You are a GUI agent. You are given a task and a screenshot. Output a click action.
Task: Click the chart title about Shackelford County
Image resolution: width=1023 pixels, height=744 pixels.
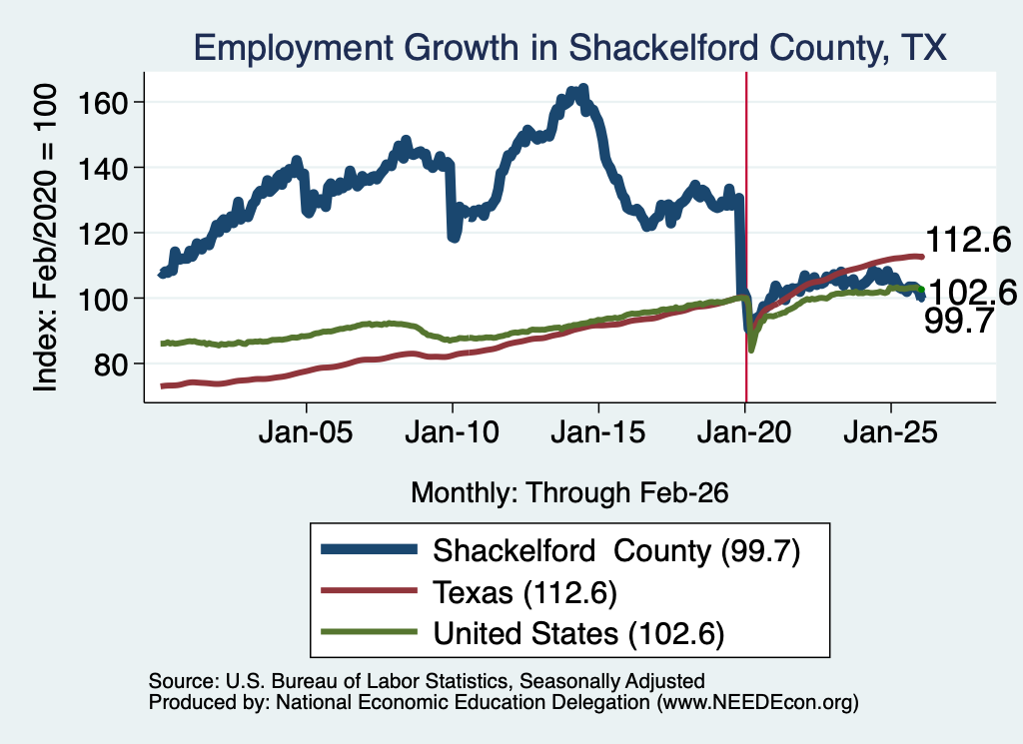[569, 48]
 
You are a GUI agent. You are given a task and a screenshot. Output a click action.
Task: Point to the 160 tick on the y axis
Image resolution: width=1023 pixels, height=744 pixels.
[101, 103]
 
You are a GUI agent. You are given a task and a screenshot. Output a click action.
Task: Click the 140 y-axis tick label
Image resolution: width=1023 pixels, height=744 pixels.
[101, 168]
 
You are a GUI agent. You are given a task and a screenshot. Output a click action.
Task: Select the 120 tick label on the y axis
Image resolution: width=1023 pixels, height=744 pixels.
[101, 234]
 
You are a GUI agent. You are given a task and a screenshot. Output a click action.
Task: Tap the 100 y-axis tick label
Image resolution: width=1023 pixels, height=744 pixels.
[101, 299]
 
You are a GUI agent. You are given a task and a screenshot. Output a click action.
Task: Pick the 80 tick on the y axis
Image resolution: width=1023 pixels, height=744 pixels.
[110, 365]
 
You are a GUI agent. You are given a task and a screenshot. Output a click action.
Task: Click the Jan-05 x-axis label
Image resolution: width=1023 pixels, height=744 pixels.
[306, 432]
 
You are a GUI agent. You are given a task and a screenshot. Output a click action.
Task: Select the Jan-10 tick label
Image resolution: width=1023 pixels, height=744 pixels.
[453, 432]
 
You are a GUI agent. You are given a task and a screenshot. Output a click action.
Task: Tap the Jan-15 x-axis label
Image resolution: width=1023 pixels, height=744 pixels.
[598, 432]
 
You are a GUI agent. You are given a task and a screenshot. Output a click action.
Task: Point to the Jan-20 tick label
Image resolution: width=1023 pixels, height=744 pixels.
[744, 432]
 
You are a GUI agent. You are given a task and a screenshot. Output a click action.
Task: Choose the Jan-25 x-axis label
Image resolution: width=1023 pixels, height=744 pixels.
[890, 432]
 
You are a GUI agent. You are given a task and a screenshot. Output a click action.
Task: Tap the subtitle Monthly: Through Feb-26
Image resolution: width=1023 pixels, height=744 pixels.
[569, 492]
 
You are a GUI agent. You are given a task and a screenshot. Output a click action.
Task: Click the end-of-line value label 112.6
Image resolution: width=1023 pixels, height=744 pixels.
[968, 240]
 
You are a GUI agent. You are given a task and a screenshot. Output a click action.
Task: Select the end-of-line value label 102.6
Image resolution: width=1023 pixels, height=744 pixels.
[972, 293]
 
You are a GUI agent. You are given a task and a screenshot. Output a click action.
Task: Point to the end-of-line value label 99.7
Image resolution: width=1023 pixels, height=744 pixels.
[959, 321]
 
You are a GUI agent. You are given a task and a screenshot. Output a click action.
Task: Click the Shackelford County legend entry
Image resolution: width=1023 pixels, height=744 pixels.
[561, 551]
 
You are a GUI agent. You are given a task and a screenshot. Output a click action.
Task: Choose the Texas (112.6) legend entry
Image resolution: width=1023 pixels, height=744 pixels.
[470, 593]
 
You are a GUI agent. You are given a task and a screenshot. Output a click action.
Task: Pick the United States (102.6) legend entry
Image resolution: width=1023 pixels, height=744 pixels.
[522, 633]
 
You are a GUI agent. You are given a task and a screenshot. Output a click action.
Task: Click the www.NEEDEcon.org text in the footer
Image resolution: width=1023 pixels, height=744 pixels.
[758, 702]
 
